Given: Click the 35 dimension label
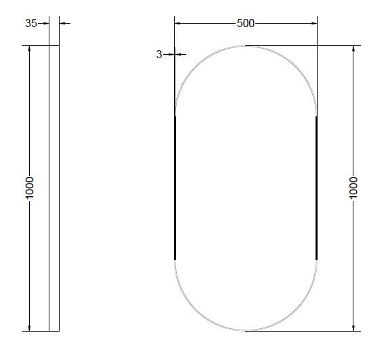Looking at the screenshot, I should (31, 23).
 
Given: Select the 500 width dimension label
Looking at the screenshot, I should (245, 23).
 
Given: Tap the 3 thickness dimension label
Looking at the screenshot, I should (159, 54).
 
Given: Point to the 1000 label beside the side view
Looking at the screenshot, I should (29, 188).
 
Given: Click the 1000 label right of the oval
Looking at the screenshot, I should (353, 187).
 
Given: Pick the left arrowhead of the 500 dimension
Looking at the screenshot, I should (178, 23).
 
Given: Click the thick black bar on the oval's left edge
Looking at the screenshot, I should (175, 187).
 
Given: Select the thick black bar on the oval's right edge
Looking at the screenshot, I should (316, 187).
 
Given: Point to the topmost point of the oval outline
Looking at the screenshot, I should (246, 46).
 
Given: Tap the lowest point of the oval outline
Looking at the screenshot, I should (246, 331).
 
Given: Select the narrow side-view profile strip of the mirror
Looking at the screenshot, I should (54, 188).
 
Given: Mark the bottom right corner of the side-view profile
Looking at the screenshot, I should (60, 331).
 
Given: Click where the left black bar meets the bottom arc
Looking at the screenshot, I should (175, 259).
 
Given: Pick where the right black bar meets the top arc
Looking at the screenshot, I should (316, 116).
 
